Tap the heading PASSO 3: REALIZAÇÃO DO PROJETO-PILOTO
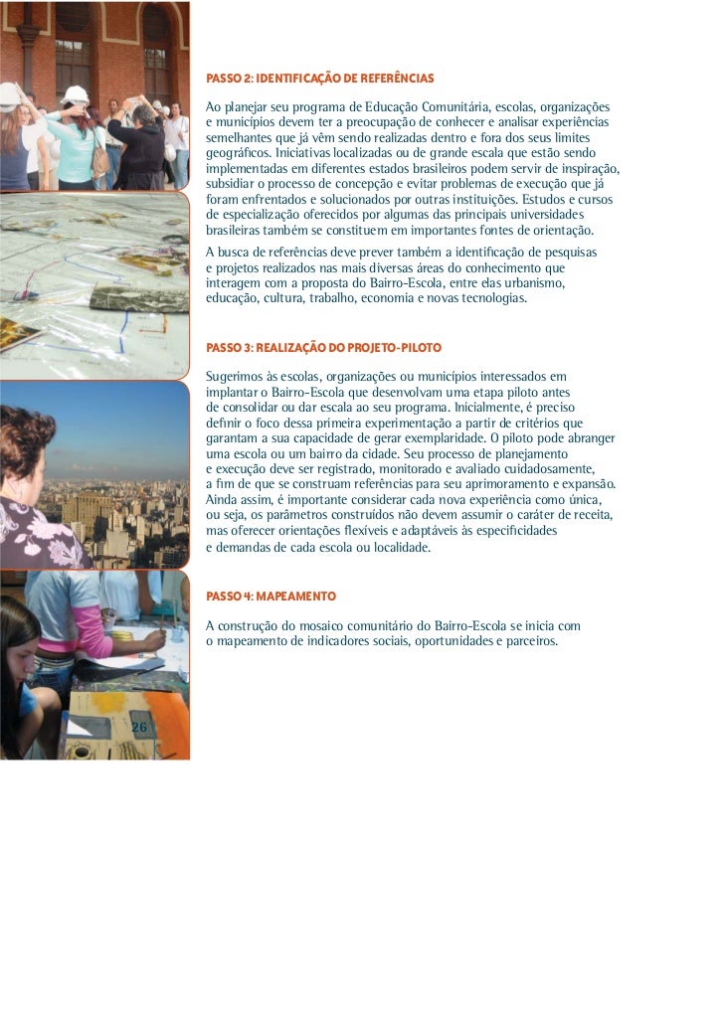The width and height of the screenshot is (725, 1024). tap(322, 348)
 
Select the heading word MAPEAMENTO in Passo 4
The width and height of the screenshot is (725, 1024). tap(295, 597)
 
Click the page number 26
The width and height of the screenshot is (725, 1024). tap(139, 728)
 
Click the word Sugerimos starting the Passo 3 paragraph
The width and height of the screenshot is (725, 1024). tap(233, 377)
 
